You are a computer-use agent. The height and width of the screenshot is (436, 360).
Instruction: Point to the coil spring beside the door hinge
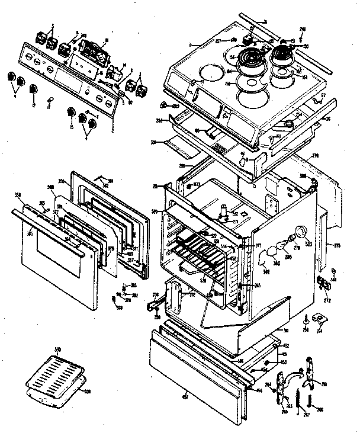308,402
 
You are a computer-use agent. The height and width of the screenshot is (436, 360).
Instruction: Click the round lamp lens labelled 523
303,232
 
